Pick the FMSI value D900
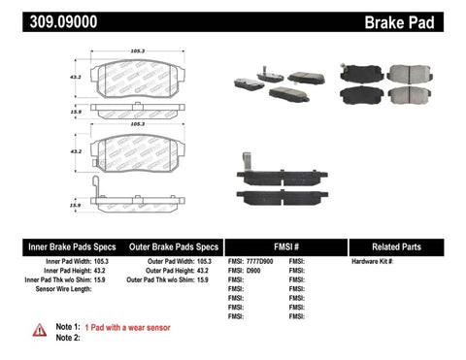pyautogui.click(x=254, y=271)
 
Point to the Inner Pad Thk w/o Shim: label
pyautogui.click(x=61, y=280)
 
